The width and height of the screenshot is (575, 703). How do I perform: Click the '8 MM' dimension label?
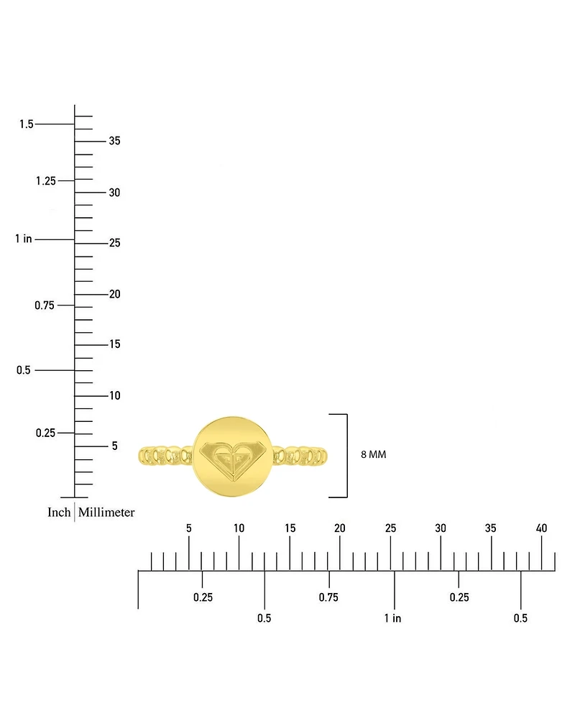[373, 454]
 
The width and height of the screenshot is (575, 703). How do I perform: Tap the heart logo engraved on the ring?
[233, 460]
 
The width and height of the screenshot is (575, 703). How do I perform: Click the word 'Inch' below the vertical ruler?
[59, 512]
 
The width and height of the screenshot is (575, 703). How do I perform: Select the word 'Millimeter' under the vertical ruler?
[106, 512]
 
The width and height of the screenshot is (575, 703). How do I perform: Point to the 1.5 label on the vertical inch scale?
[26, 124]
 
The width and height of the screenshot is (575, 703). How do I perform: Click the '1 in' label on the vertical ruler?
[23, 239]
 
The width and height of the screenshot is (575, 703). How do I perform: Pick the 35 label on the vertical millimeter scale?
[115, 141]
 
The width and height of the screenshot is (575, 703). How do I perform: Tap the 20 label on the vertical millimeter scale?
[115, 294]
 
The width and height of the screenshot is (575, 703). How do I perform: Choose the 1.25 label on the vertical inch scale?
[46, 181]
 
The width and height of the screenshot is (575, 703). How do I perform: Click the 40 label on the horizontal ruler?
[541, 528]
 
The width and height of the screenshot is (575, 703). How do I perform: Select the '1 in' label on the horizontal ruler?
[392, 618]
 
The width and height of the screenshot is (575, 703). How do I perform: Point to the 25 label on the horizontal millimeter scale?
[390, 528]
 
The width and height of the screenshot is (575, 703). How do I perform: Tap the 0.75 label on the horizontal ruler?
[328, 597]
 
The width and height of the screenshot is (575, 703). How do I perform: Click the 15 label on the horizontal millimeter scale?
[290, 528]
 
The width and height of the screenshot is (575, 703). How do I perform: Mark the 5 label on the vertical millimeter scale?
[115, 446]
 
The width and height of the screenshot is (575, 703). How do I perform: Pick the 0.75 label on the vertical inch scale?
[45, 305]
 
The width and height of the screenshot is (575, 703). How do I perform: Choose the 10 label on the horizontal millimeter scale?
[239, 528]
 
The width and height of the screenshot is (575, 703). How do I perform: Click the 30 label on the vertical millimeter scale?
[115, 193]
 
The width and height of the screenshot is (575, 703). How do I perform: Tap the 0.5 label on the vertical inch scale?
[23, 370]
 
